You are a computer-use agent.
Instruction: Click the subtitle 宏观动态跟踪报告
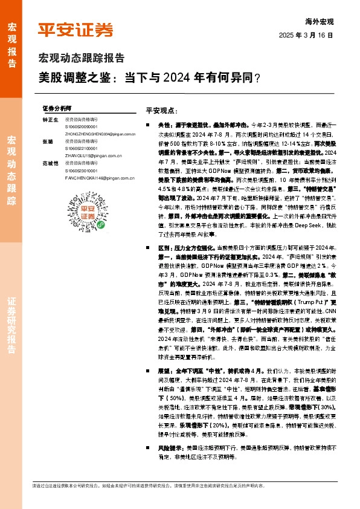(82, 59)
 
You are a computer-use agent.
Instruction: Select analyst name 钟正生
(50, 120)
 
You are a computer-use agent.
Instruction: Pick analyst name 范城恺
(50, 164)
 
